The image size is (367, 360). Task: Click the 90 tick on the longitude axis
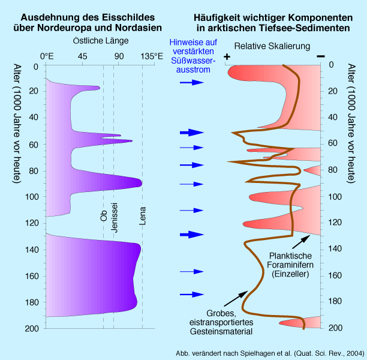click(119, 56)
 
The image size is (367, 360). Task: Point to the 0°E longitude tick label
click(47, 56)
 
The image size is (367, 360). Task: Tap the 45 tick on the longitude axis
click(82, 56)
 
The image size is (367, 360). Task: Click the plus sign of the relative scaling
click(227, 56)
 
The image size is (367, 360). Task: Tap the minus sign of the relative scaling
click(321, 56)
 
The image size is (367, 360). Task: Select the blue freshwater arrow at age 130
click(192, 235)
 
